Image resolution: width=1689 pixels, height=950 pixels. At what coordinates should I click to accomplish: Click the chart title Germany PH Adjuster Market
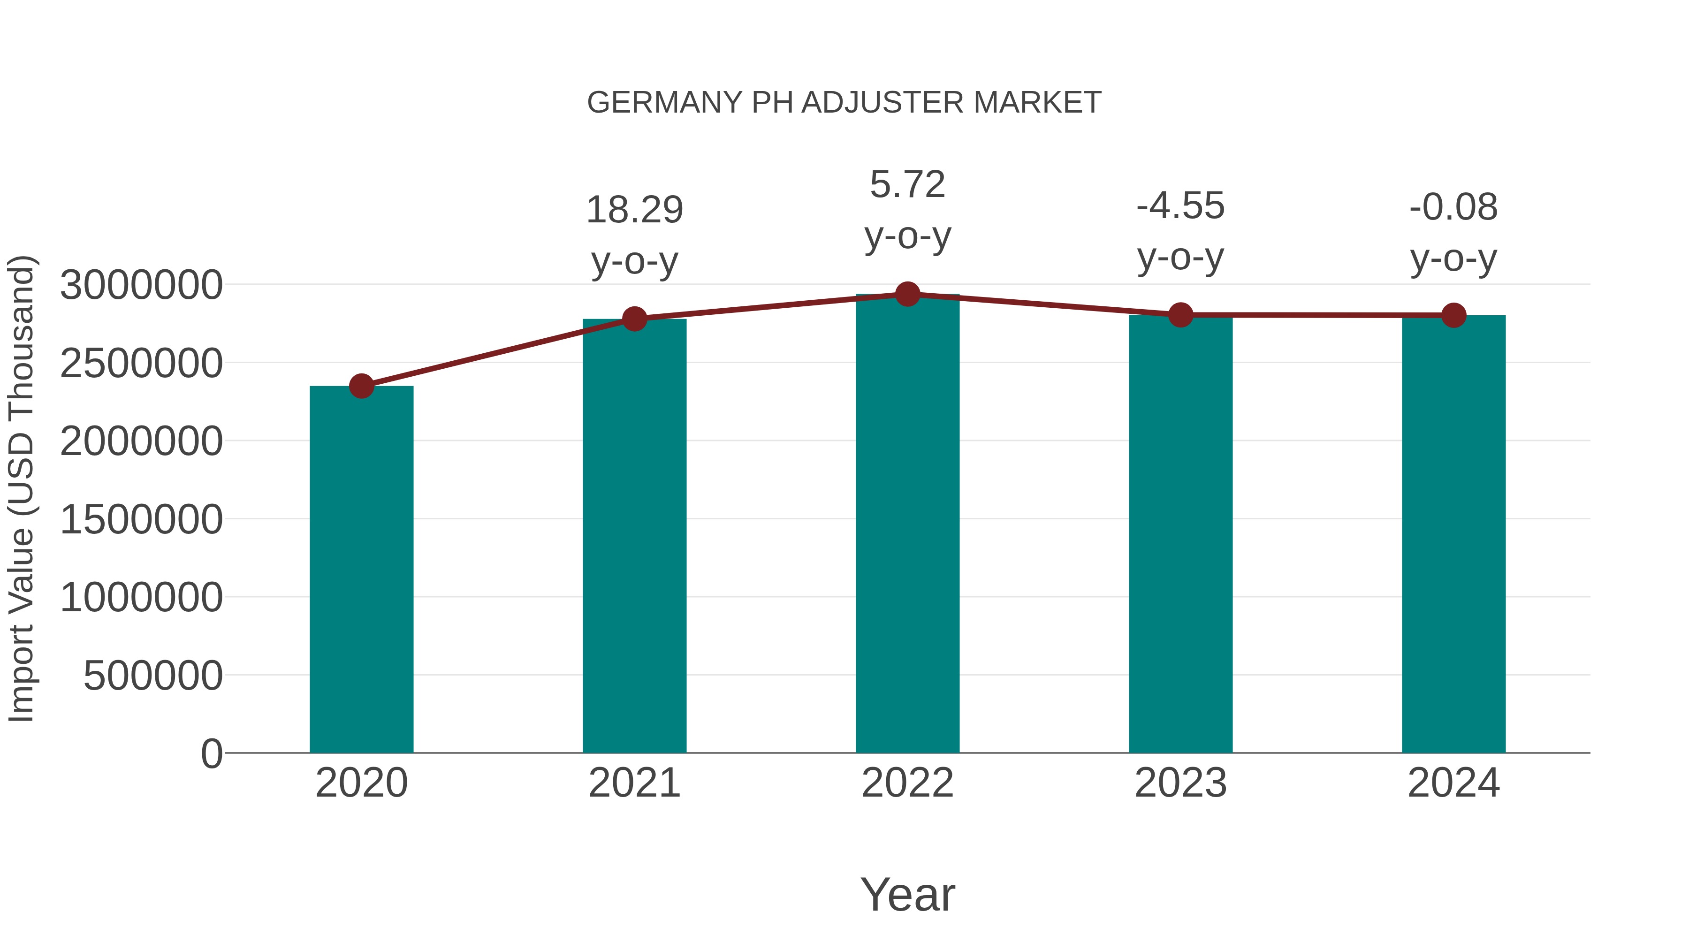(844, 103)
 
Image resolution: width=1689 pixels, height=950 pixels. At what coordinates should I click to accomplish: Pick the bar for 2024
(1453, 534)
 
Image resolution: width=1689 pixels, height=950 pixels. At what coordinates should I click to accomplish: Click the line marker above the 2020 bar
(361, 386)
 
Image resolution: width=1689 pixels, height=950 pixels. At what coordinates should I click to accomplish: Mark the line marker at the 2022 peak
(907, 294)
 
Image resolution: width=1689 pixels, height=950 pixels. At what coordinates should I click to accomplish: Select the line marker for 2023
(1180, 315)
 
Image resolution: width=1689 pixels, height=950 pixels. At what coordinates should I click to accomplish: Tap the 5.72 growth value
(907, 185)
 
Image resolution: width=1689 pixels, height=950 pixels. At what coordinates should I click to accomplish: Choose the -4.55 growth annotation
(1180, 206)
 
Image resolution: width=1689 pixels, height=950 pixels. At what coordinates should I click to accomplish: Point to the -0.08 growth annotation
(1453, 208)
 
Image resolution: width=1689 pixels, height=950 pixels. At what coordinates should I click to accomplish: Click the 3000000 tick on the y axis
(141, 285)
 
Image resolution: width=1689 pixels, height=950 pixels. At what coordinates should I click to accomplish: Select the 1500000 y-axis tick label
(141, 519)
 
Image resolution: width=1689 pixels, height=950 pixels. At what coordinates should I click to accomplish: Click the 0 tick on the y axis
(212, 753)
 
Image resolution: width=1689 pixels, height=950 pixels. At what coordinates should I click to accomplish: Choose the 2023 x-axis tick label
(1180, 783)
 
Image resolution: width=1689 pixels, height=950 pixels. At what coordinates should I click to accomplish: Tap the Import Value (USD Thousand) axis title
(21, 488)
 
